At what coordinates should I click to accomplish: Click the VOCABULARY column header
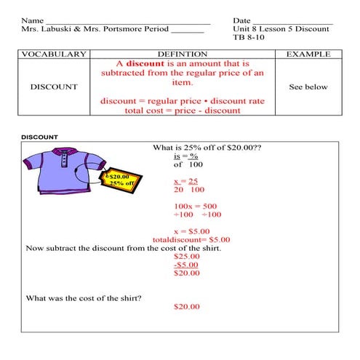click(55, 54)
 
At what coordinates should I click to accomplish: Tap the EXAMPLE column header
click(308, 54)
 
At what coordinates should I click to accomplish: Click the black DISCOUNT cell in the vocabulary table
click(55, 87)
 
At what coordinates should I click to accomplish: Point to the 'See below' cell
click(308, 87)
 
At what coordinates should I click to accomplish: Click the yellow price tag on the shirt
click(119, 180)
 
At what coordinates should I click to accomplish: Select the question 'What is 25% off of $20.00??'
click(207, 147)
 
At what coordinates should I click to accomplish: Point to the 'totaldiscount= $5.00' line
click(191, 239)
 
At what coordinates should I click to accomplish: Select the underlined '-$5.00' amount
click(186, 265)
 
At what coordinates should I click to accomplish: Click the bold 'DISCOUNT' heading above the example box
click(39, 136)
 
